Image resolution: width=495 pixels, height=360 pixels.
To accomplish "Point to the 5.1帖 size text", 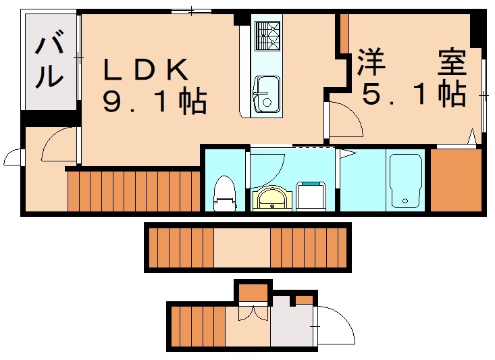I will tap(414, 95).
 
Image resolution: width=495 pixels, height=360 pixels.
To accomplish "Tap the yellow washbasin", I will tap(273, 199).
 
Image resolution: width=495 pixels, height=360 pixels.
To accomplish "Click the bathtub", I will tap(405, 180).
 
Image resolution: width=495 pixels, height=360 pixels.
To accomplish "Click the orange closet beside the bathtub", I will tap(455, 180).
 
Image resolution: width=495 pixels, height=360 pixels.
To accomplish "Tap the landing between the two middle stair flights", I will tap(242, 247).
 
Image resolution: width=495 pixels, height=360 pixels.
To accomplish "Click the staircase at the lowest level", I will tap(196, 327).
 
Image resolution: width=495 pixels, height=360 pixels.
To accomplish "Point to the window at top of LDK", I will tap(191, 11).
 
